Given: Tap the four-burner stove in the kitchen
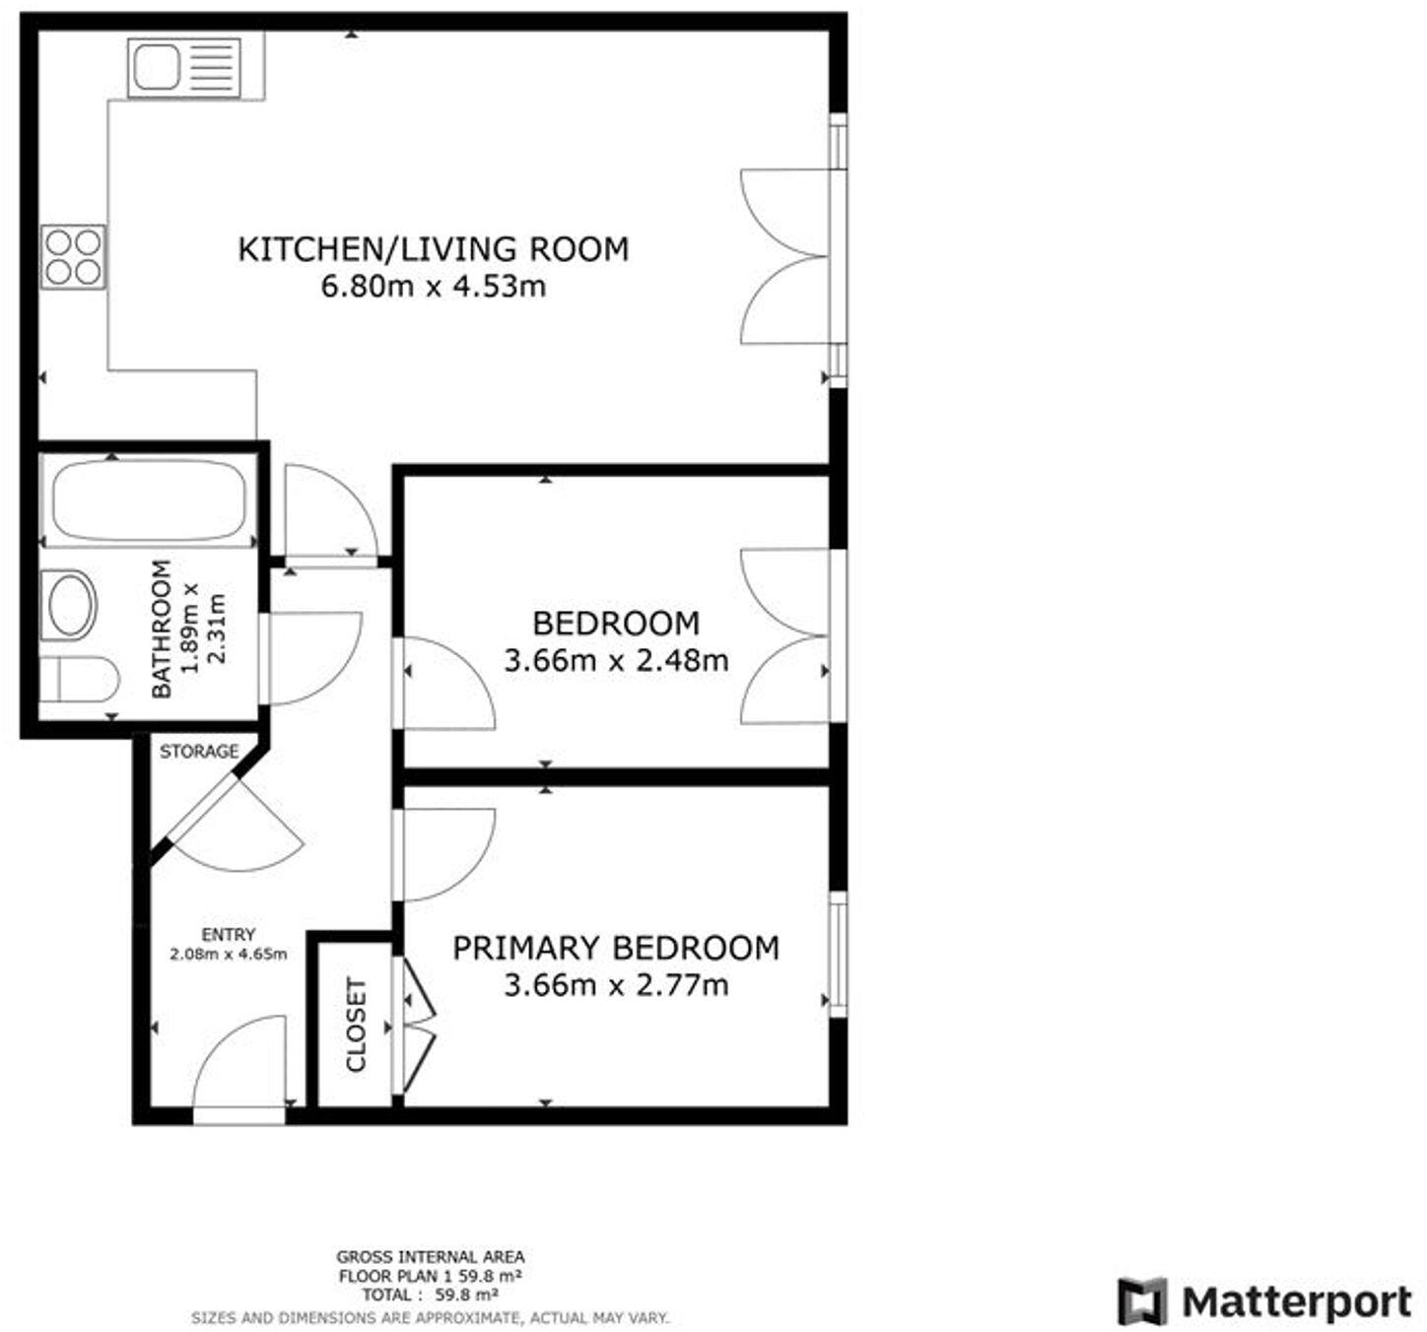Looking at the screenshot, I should point(74,256).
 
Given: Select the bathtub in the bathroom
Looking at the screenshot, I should point(149,501).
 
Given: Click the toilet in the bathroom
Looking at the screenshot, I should point(79,679).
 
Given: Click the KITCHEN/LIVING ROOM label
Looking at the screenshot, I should point(433,249).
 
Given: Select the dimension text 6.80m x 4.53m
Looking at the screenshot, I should point(433,287).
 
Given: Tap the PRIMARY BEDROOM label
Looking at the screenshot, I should point(615,948).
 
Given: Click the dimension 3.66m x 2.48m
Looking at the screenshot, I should point(615,660).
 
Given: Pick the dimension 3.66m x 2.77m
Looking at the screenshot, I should point(615,984).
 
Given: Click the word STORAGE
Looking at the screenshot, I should point(199,752).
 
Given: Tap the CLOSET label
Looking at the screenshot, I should point(356,1025).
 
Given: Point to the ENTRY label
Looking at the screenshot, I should point(228,934).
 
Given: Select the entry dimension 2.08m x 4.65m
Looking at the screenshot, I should point(228,954).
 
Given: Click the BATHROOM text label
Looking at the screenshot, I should point(162,629).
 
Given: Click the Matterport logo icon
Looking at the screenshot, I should point(1141,1301).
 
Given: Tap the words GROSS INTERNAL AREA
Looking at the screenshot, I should point(430,1256).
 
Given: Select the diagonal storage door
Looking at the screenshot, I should point(207,808).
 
